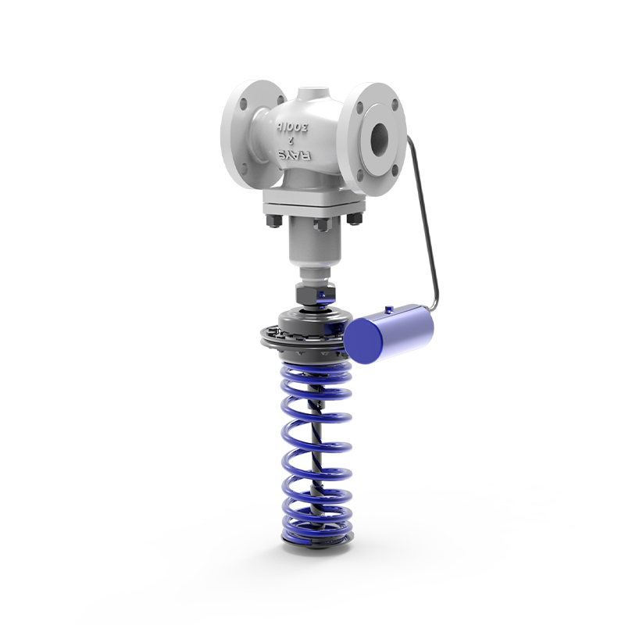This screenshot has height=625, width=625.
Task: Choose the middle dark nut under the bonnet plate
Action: (320, 225)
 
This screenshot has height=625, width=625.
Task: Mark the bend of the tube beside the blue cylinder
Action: (435, 301)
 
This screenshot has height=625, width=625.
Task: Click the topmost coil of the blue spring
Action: (312, 367)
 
